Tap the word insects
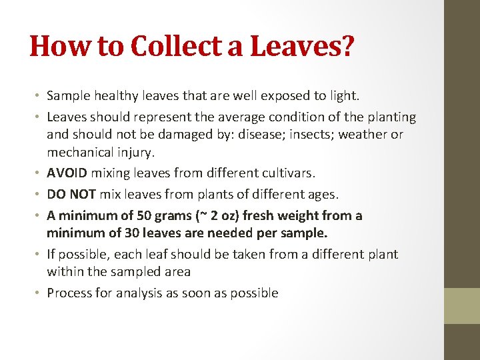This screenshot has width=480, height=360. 265,135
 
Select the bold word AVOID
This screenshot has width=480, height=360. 67,173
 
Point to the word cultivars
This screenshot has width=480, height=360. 285,173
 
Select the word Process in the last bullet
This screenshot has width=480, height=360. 70,293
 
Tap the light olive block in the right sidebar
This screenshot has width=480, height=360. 462,305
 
